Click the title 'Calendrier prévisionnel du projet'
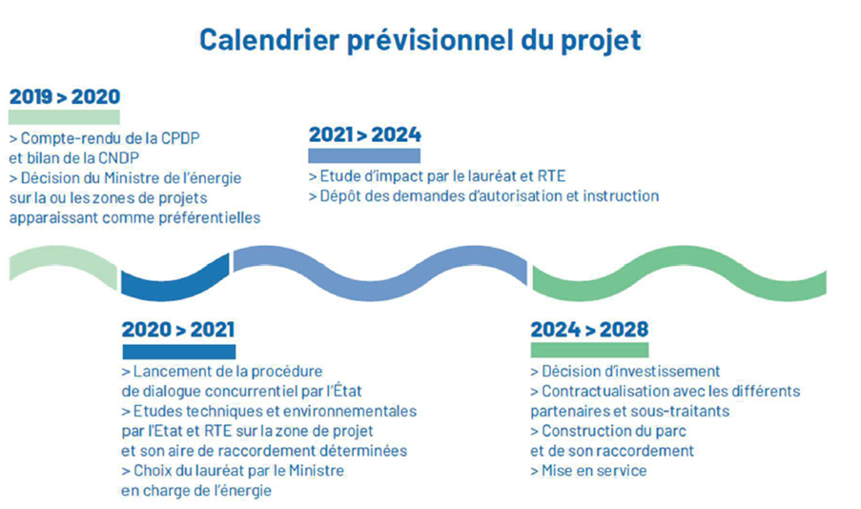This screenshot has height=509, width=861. [420, 40]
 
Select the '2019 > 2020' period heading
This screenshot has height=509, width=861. [65, 96]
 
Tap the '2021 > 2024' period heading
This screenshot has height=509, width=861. [364, 134]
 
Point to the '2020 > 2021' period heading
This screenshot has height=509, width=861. [178, 330]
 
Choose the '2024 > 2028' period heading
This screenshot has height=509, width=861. [589, 330]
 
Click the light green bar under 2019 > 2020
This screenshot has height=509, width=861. [64, 117]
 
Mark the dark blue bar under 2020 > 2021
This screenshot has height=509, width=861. [179, 352]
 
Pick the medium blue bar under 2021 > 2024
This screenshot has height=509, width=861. [364, 155]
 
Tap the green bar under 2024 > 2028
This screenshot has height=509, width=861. [589, 350]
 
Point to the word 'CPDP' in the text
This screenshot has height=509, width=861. [180, 138]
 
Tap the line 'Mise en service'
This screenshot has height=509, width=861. [588, 471]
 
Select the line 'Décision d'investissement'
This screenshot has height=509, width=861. [625, 371]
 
